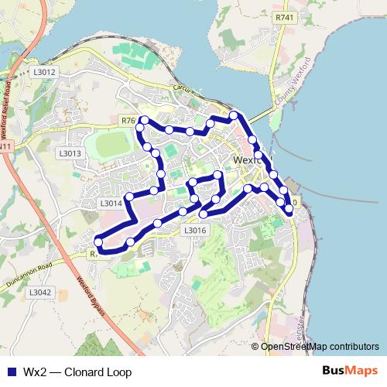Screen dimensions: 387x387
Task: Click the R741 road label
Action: point(284,18)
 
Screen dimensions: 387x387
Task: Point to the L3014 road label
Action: point(111,204)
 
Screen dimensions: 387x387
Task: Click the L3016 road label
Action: point(195,230)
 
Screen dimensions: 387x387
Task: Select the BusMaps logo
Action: point(351,372)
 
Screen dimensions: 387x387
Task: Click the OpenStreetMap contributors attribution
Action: point(319,347)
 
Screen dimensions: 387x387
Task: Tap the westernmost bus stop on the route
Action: point(98,242)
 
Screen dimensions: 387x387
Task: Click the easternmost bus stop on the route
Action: point(289,209)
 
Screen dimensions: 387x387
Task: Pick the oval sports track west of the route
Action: point(113,144)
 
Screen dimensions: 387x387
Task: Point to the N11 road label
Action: point(5,146)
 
